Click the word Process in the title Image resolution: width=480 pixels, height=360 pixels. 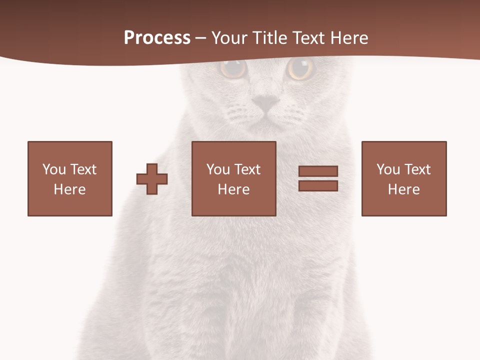click(157, 38)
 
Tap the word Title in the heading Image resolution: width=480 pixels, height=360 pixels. click(269, 38)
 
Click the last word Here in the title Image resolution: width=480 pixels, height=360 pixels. click(349, 38)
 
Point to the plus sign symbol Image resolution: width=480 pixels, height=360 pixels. click(152, 179)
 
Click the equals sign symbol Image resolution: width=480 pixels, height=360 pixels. click(318, 178)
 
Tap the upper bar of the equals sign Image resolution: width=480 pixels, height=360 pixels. click(318, 171)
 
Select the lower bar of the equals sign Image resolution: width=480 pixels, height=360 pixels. click(318, 185)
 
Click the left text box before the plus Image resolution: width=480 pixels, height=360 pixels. click(70, 178)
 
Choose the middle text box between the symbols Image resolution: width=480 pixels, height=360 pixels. click(233, 178)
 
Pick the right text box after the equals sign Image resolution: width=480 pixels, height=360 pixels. click(403, 178)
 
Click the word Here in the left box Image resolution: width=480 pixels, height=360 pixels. click(70, 189)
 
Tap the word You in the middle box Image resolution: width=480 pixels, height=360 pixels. click(218, 169)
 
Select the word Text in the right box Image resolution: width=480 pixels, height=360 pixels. click(417, 169)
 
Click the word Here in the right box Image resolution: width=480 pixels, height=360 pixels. click(403, 189)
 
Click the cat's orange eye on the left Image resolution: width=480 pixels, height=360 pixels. click(233, 68)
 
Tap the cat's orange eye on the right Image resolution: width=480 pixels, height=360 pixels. click(300, 68)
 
